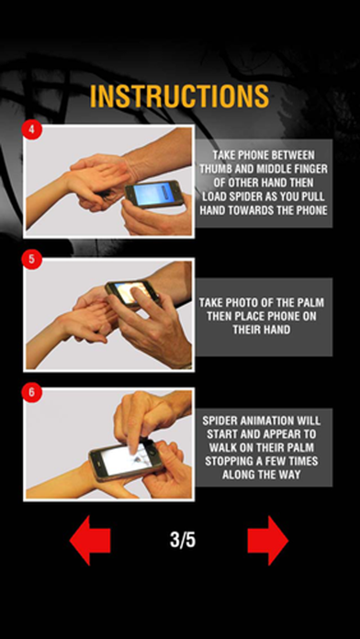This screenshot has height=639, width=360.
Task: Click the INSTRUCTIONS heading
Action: click(179, 96)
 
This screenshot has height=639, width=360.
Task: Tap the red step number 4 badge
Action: click(32, 129)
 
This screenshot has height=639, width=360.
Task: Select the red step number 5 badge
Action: click(32, 259)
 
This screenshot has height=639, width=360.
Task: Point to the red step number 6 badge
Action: click(32, 392)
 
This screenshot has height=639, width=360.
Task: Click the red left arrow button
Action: click(90, 541)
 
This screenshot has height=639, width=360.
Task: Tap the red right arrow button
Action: click(268, 541)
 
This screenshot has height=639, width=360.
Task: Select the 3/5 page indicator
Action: click(183, 540)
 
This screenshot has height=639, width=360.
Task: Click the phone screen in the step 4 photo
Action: click(150, 194)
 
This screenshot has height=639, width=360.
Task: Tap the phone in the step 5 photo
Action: click(132, 293)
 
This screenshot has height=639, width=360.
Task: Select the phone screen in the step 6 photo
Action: click(122, 458)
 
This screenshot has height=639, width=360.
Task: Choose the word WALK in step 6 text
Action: click(222, 447)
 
